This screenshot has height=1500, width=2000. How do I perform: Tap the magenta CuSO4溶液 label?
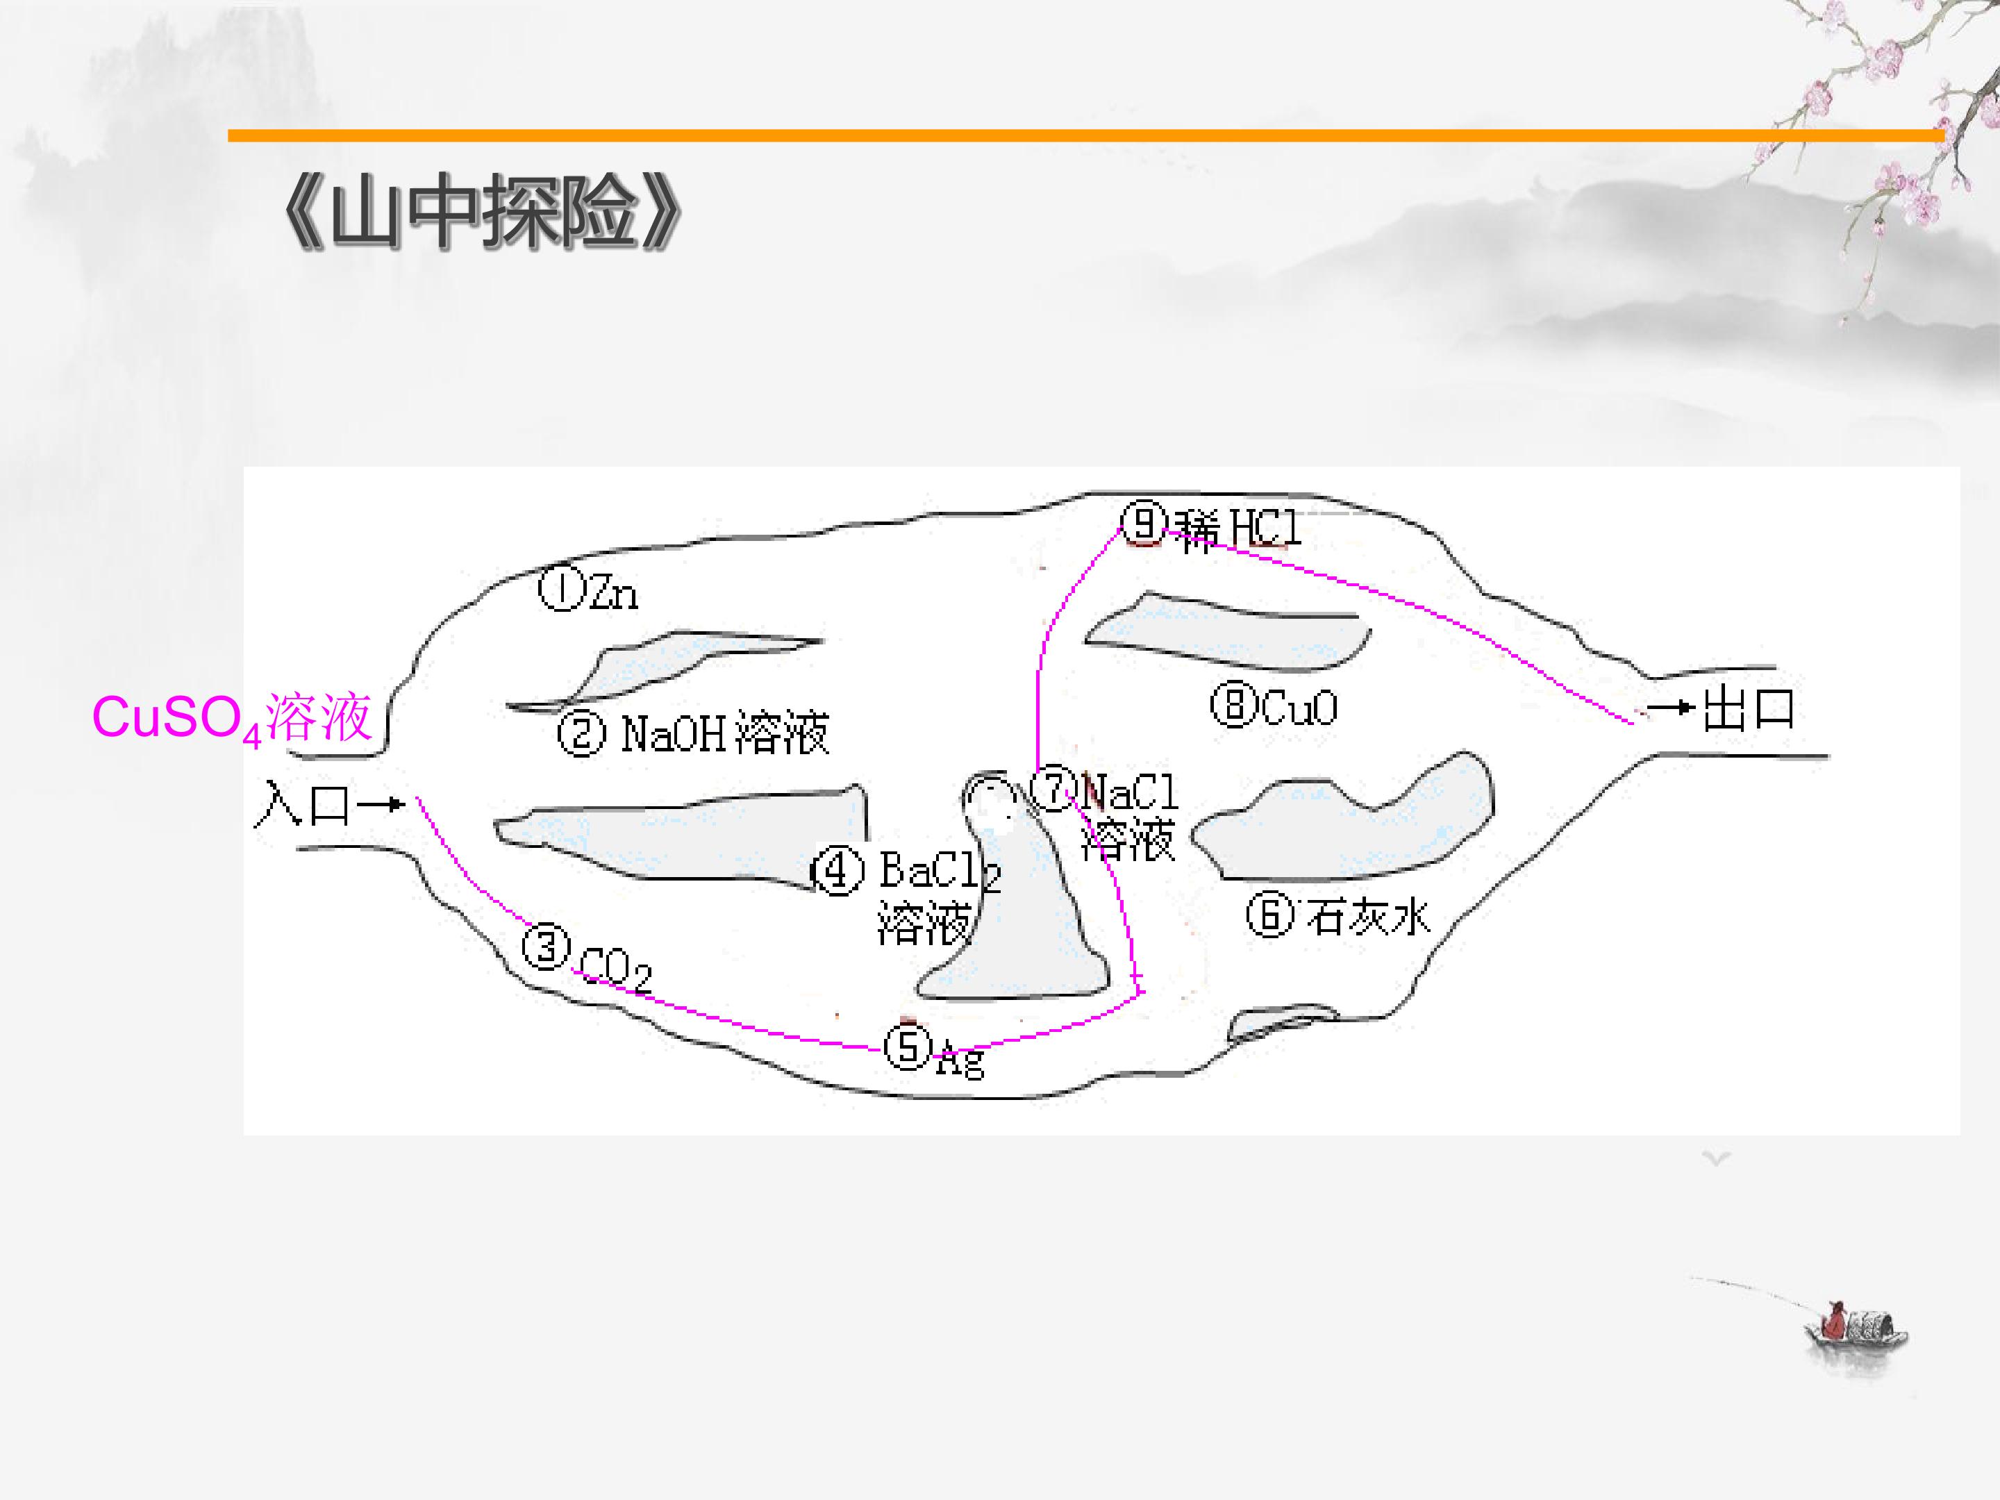tap(231, 719)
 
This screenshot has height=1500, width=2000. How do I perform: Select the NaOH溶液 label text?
tap(724, 733)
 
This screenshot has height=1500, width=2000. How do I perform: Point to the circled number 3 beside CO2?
tap(546, 947)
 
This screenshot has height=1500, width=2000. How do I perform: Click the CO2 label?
tap(615, 969)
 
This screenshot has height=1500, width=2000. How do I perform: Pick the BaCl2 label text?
tap(940, 872)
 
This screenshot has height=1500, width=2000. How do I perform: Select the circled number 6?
tap(1270, 915)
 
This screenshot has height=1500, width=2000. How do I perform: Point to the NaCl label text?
tap(1130, 793)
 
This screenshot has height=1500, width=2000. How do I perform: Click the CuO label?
tap(1299, 708)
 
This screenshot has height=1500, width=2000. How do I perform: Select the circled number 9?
tap(1144, 523)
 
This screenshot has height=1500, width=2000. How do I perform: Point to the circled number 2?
tap(581, 733)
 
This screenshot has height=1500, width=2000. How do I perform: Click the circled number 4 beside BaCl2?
tap(837, 872)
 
